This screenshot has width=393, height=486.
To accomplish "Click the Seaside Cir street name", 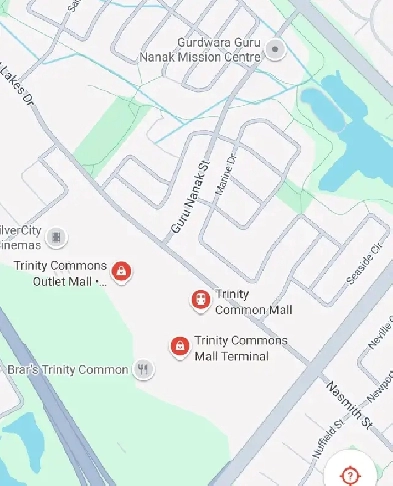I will tap(365, 262).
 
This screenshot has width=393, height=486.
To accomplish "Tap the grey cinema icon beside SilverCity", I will tap(58, 237).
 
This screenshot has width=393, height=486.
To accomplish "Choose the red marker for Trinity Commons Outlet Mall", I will tap(121, 270).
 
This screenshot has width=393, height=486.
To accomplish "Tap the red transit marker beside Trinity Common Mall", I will tap(200, 299).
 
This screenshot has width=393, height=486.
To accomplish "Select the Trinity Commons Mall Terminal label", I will tap(240, 348).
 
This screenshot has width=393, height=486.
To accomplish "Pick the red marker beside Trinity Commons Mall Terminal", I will tap(179, 346).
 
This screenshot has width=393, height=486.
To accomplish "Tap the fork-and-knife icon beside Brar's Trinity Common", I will tap(145, 370).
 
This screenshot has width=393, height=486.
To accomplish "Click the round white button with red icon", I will tap(351, 475).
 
